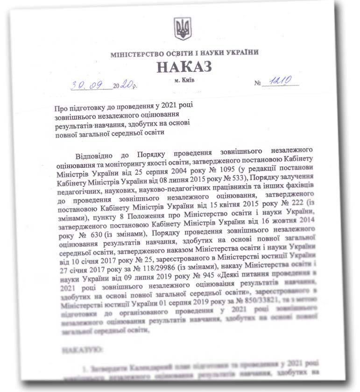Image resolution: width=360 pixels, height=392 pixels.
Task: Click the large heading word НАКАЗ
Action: [x=184, y=67]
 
